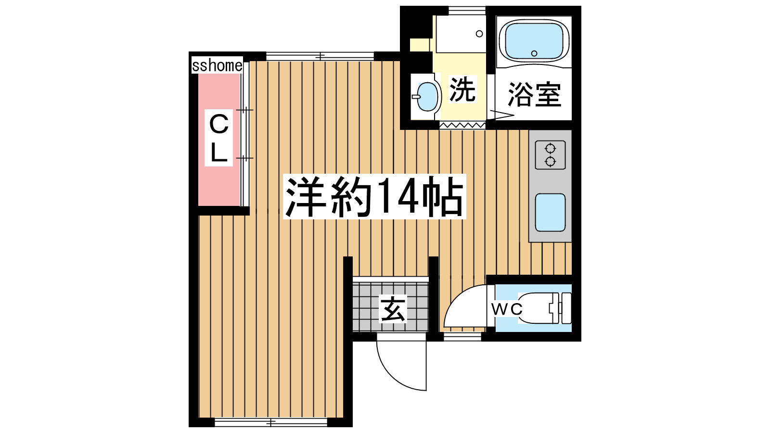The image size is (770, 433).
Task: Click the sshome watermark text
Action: click(x=217, y=65)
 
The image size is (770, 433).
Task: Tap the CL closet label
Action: click(x=218, y=138)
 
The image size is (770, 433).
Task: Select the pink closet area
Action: click(x=218, y=140)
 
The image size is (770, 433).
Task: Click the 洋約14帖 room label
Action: click(x=374, y=197)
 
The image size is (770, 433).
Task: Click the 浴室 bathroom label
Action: click(x=534, y=94)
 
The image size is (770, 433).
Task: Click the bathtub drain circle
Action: click(x=534, y=53)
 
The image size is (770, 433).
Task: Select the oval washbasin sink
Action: click(x=427, y=97)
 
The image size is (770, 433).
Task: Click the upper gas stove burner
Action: click(x=551, y=149)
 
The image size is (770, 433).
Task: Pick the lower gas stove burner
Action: click(x=551, y=161)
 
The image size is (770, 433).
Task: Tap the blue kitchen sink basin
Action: click(x=551, y=212)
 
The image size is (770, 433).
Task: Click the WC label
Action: click(x=507, y=309)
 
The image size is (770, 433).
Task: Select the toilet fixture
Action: click(x=544, y=308)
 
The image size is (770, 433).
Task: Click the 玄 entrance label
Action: click(x=393, y=309)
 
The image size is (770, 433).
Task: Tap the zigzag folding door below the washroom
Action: click(x=462, y=125)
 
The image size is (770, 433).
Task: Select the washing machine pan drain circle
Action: click(x=479, y=34)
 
